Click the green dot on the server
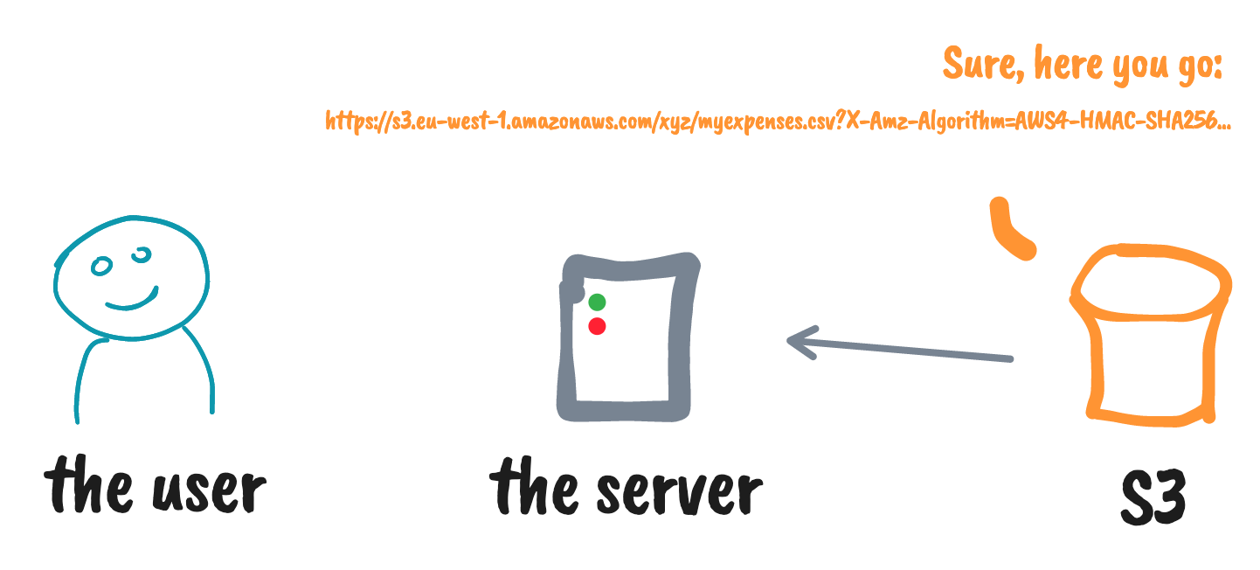tap(597, 302)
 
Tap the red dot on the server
tap(597, 326)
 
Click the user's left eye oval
tap(102, 267)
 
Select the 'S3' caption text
tap(1153, 500)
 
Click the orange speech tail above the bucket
tap(1009, 229)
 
